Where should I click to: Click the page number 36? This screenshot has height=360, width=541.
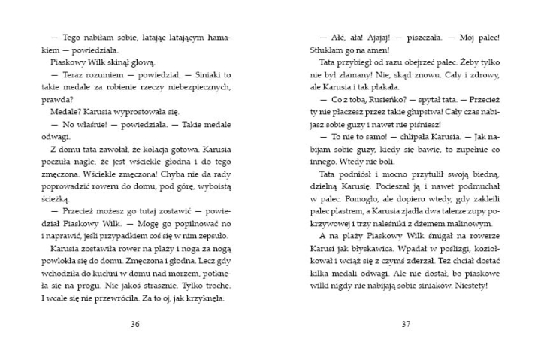click(135, 324)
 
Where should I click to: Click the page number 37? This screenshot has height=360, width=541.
click(405, 324)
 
